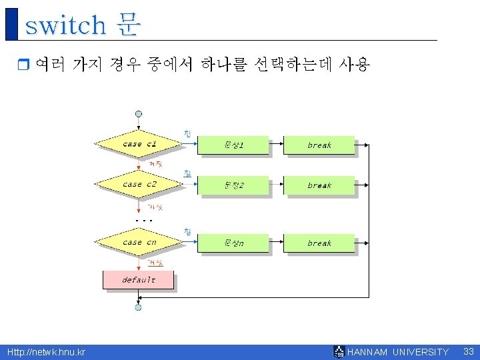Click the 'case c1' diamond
coord(138,144)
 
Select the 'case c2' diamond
coord(138,184)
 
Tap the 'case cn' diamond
coord(138,242)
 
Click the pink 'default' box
coord(138,280)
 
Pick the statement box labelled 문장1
coord(233,145)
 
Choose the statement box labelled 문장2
coord(233,185)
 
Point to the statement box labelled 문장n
coord(233,243)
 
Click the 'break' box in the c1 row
coord(319,145)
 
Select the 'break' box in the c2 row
coord(319,185)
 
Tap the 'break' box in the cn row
coord(319,243)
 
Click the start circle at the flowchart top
coord(138,113)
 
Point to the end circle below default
coord(138,307)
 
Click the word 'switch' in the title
coord(65,25)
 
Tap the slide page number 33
coord(468,351)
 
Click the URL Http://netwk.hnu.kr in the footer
coord(46,352)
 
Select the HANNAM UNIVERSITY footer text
coord(398,352)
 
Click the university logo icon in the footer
coord(339,351)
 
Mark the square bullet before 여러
coord(23,65)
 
